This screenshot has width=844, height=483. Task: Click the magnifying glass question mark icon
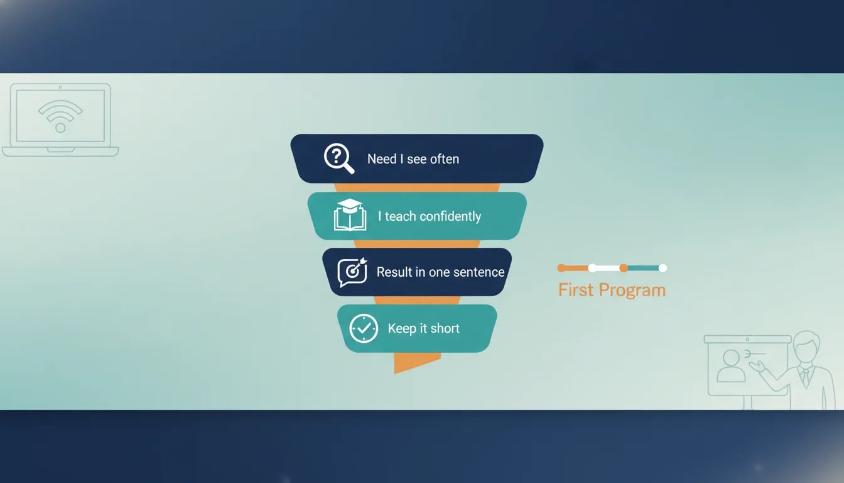pos(338,158)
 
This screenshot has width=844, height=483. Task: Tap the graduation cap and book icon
pos(350,215)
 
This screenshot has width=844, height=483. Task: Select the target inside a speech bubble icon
pos(352,272)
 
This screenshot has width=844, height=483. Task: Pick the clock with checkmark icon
pos(364,328)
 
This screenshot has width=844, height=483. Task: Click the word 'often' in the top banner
pos(445,159)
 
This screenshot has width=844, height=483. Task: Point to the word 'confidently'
pos(450,216)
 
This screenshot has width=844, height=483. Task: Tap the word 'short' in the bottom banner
pos(445,328)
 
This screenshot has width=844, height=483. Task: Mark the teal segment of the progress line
pos(643,268)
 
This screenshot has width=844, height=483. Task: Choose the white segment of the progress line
pos(607,268)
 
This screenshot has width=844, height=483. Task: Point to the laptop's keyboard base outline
pos(60,152)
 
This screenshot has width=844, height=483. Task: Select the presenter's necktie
pos(804,377)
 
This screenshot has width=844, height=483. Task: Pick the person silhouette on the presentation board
pos(730,366)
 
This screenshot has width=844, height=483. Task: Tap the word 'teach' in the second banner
pos(400,216)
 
